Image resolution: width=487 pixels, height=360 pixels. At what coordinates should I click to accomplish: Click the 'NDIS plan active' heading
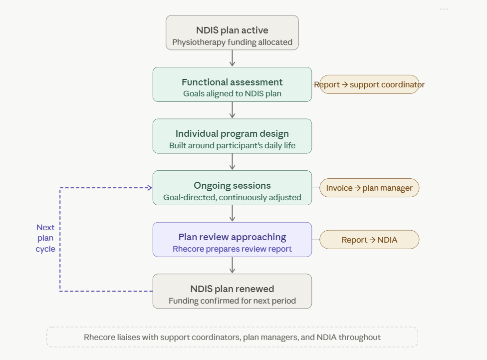(232, 30)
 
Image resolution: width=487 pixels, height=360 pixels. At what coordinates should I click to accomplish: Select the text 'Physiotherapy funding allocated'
(232, 42)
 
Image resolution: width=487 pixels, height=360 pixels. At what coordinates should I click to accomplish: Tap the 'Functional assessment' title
(232, 82)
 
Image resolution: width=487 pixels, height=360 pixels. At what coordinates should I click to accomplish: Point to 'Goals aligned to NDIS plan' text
(232, 93)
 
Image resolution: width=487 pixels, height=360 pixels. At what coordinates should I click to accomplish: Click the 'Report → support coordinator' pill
(369, 84)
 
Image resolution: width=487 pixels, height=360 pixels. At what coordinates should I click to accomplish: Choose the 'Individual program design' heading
(232, 134)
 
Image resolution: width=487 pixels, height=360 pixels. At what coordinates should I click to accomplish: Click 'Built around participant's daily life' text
(232, 146)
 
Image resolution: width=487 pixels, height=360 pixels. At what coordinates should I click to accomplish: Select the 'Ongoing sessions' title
(232, 186)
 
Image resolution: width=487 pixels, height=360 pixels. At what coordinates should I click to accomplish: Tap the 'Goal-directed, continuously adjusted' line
(232, 198)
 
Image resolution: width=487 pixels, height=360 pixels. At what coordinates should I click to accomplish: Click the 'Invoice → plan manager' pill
(369, 188)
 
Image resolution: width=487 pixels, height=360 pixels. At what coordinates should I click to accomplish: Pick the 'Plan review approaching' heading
(232, 237)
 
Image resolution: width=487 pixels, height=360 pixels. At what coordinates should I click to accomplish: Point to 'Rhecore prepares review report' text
(232, 249)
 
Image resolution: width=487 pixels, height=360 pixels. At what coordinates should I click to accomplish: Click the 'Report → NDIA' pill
(369, 240)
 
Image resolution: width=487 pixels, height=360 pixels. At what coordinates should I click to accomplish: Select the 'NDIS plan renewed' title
(232, 289)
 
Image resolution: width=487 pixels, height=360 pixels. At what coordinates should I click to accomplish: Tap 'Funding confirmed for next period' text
(232, 301)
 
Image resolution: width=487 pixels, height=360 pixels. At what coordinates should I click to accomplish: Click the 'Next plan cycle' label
(45, 238)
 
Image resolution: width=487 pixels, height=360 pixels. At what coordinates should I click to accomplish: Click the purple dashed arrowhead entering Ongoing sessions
(149, 188)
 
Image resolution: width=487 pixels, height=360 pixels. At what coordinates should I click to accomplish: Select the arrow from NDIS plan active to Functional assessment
(233, 58)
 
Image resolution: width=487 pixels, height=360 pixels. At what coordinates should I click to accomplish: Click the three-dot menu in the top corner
(444, 9)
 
